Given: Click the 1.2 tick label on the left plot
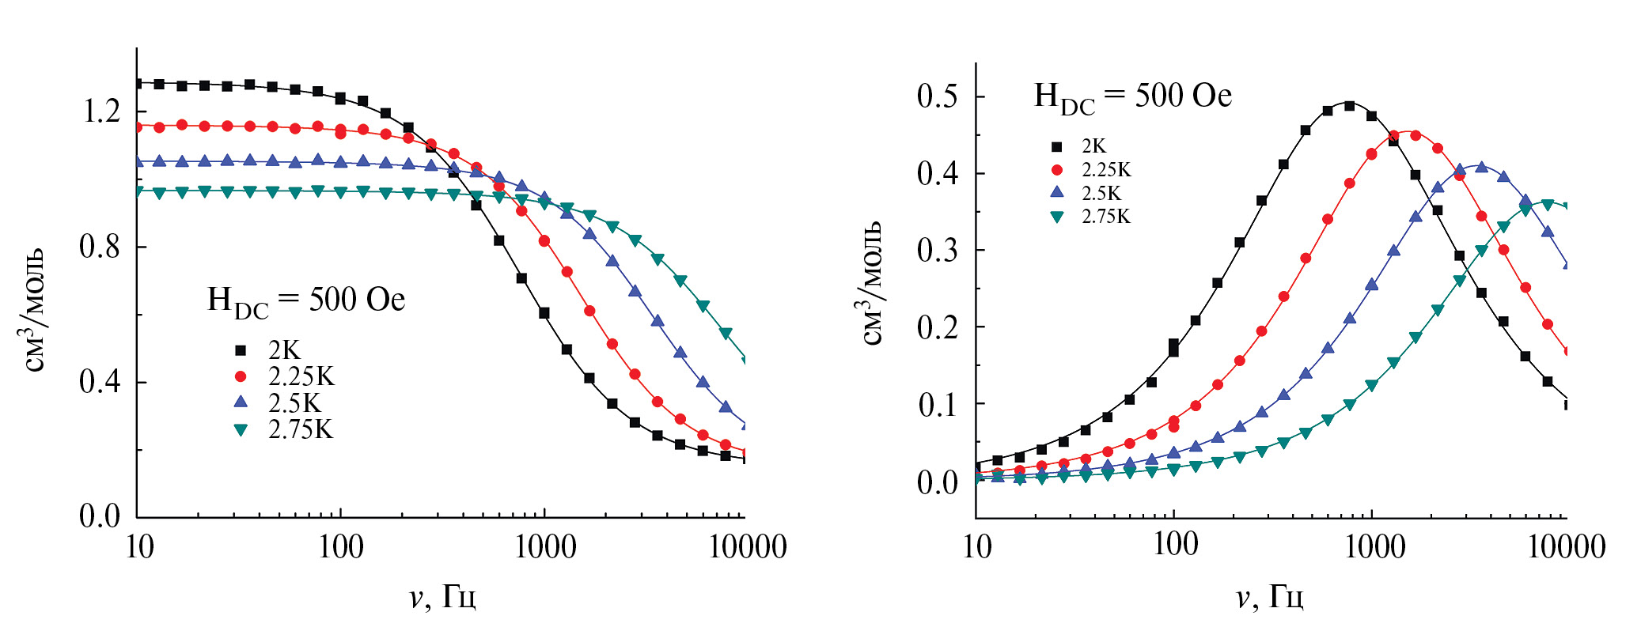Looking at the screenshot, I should tap(101, 111).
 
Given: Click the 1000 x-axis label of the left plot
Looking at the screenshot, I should tap(545, 547).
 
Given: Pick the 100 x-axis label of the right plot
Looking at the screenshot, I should tap(1175, 545).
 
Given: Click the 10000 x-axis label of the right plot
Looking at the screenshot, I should tap(1566, 547).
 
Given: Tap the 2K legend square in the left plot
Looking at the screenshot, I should tap(241, 350).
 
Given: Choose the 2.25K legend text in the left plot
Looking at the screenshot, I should tap(301, 376).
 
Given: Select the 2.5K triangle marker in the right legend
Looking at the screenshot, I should tap(1056, 193).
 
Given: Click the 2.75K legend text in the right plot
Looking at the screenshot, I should tap(1106, 217).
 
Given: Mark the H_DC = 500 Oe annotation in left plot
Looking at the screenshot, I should tap(306, 300).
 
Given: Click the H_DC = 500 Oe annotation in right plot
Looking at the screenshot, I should tap(1133, 96).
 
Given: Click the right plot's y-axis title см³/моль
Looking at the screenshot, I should tap(871, 283).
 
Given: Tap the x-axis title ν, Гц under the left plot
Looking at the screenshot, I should tap(443, 598).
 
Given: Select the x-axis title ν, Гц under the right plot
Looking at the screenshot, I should tap(1270, 598).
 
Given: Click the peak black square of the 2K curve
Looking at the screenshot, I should tap(1350, 105).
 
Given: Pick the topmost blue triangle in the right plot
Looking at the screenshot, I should tap(1482, 168).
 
